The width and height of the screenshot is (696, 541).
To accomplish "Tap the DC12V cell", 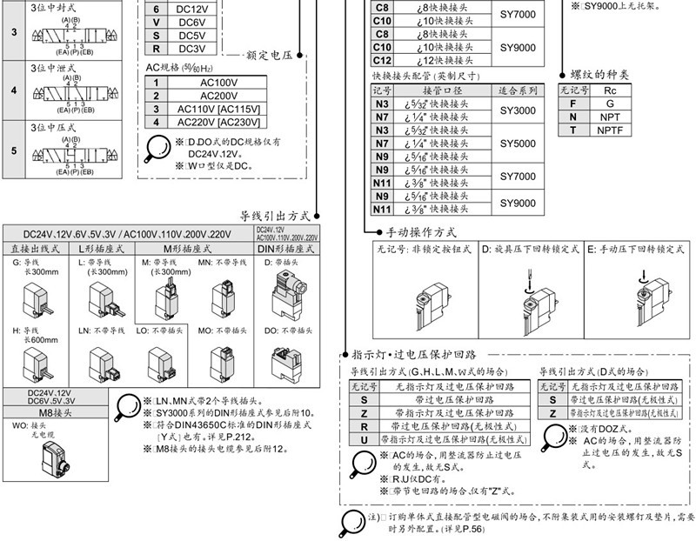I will (x=191, y=10).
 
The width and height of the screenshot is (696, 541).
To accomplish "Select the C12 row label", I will (x=382, y=61).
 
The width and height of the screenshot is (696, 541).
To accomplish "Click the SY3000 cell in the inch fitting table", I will (x=518, y=110).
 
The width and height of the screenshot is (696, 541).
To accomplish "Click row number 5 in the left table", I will (x=14, y=150).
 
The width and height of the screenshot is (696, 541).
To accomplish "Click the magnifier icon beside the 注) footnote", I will (x=351, y=521).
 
